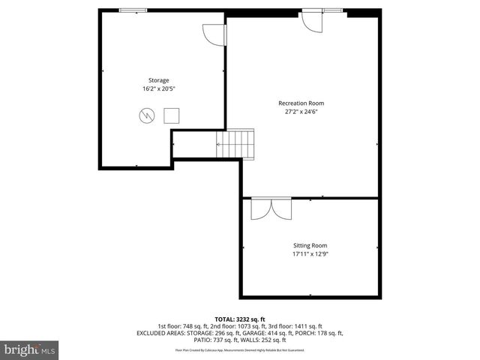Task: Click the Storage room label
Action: coord(158,80)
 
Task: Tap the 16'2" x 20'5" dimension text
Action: coord(158,88)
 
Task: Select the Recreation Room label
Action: coord(301,103)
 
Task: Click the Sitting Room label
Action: coord(310,245)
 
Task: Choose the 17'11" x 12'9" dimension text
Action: coord(310,253)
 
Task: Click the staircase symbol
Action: coord(235,142)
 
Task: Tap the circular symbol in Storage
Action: coord(146,115)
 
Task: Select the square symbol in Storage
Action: coord(172,115)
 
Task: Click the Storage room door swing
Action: coord(212,34)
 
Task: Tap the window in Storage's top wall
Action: coord(133,10)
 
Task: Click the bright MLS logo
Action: coord(30,349)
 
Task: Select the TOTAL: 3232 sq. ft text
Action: coord(240,319)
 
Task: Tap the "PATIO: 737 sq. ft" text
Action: coord(187,340)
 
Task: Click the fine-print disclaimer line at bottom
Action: coord(240,349)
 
